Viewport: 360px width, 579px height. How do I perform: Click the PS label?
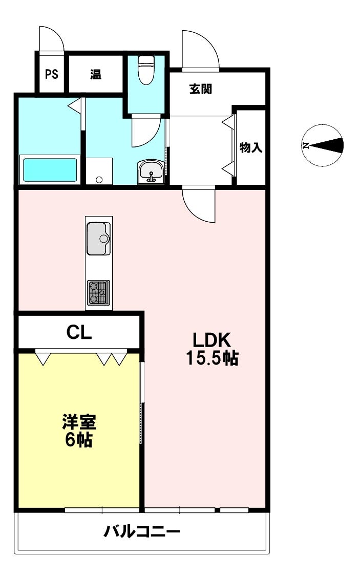[x=51, y=74]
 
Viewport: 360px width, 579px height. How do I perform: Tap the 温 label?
[x=96, y=74]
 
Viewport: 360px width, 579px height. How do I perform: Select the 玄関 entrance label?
[x=201, y=89]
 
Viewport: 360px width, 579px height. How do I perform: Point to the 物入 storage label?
[x=251, y=148]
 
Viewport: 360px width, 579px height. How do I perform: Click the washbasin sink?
[x=151, y=171]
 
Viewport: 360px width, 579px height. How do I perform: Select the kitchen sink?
[x=98, y=238]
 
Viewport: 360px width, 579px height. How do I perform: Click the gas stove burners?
[x=98, y=293]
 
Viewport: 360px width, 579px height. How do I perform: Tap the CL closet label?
[x=79, y=333]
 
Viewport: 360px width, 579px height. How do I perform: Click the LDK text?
[x=212, y=340]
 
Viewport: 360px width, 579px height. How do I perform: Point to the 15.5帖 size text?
[x=212, y=358]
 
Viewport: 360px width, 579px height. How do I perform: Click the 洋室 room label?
[x=79, y=422]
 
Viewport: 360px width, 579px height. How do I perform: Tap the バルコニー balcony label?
[x=142, y=532]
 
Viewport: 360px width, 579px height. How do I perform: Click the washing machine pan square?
[x=99, y=170]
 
